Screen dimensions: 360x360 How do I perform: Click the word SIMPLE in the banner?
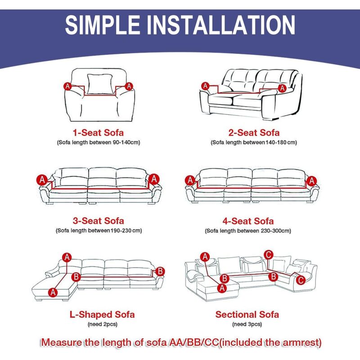tap(103, 25)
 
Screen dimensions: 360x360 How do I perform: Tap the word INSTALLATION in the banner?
tap(221, 25)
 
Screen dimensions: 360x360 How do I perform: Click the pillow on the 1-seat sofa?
tap(100, 84)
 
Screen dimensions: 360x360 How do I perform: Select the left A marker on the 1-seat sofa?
tap(67, 86)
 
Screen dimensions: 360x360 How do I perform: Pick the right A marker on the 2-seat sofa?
tap(282, 88)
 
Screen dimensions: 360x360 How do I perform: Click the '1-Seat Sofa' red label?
tap(98, 133)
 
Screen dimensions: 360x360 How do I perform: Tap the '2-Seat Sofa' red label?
tap(254, 133)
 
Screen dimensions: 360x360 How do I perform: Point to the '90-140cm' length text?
tap(126, 142)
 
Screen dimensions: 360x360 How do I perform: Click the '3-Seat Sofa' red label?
tap(98, 221)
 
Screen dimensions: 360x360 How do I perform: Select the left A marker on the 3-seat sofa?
tap(42, 180)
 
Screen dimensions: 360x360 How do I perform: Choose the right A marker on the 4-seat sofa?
tap(311, 181)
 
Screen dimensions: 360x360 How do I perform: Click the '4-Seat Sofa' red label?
tap(248, 221)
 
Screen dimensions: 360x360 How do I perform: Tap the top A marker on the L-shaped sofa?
tap(67, 257)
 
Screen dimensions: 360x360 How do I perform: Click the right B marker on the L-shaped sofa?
tap(160, 271)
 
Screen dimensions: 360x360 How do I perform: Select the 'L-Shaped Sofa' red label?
tap(102, 315)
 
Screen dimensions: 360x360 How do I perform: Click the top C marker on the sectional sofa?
tap(268, 255)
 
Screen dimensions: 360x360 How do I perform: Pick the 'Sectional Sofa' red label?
tap(247, 315)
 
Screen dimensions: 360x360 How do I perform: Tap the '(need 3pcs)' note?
tap(247, 324)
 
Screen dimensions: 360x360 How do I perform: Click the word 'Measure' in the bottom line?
tap(62, 342)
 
